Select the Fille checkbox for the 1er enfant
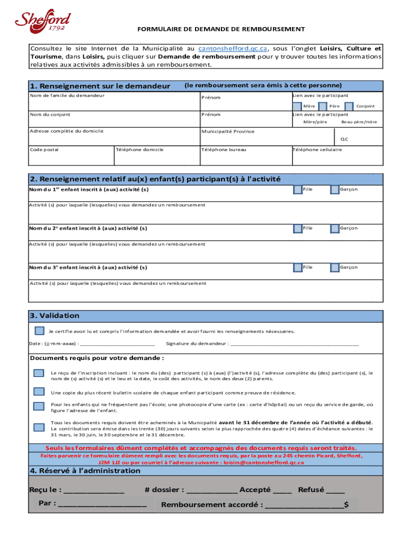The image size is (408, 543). click(x=298, y=189)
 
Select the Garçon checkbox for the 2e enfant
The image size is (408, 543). click(x=334, y=228)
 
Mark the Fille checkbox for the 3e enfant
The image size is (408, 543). click(x=298, y=267)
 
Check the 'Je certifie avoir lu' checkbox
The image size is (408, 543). click(x=39, y=331)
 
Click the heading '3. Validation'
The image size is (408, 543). click(x=55, y=316)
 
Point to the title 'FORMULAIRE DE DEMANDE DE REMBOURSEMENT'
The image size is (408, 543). click(x=221, y=29)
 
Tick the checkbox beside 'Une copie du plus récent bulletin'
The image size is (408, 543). click(x=39, y=392)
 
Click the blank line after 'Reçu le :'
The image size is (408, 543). click(x=94, y=491)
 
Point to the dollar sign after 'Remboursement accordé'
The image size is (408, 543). click(x=346, y=505)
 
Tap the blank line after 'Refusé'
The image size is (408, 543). click(x=335, y=491)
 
